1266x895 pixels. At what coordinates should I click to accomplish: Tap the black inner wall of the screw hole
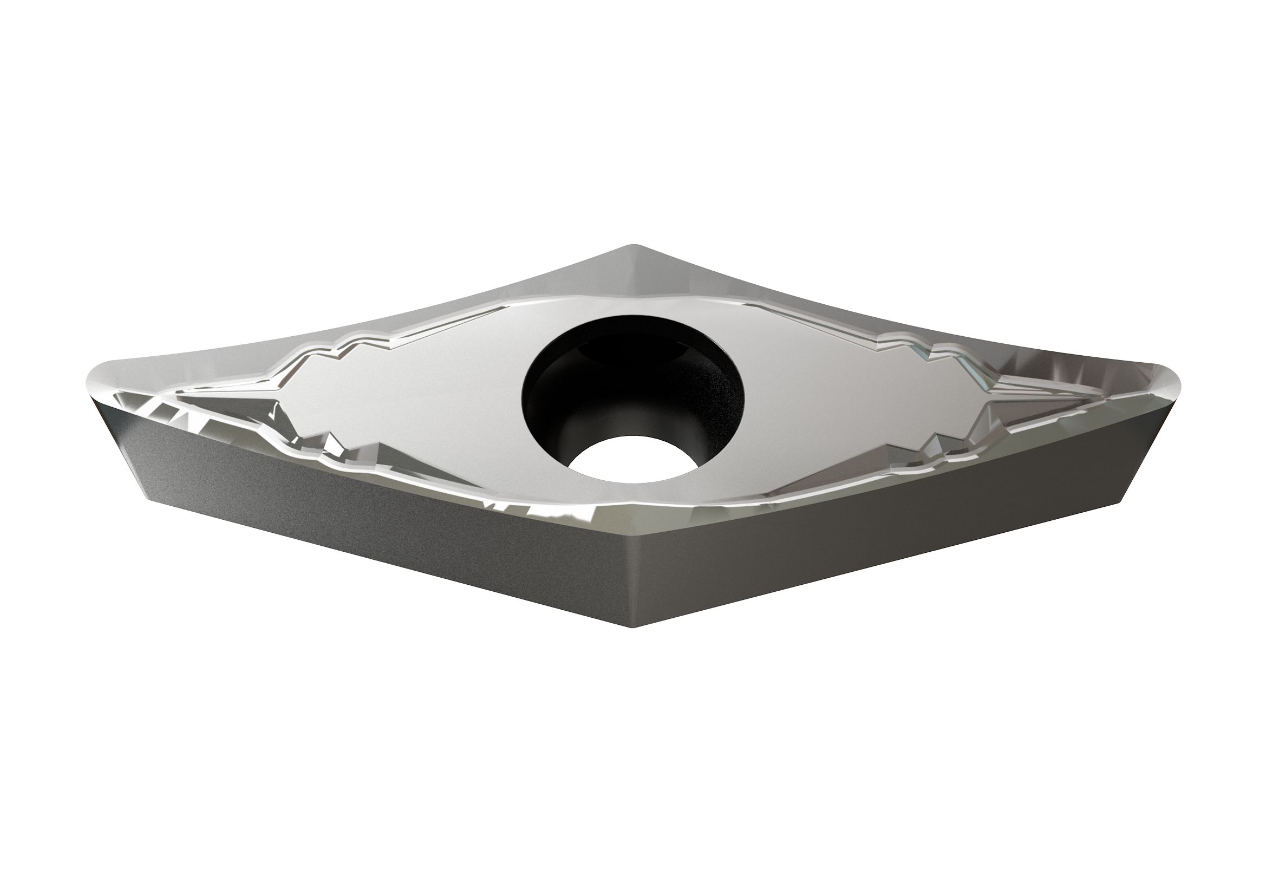pyautogui.click(x=557, y=397)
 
